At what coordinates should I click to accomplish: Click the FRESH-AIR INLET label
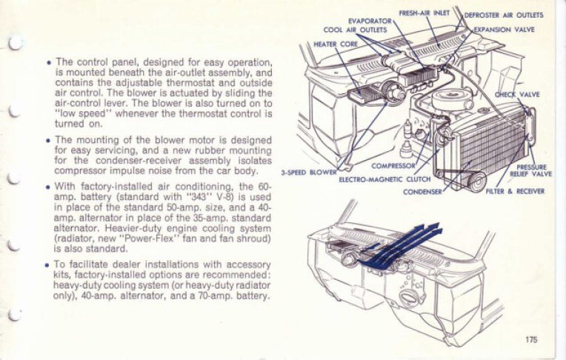click(424, 13)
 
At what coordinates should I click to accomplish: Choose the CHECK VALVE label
click(517, 95)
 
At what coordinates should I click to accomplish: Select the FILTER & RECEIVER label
click(515, 191)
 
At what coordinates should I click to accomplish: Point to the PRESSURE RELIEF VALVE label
click(531, 170)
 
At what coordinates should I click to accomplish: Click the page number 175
click(528, 339)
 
